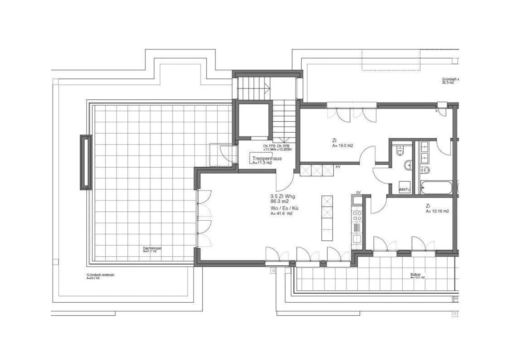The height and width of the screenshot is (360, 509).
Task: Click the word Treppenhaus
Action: (x=267, y=159)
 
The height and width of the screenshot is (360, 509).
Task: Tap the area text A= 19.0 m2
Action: (x=343, y=146)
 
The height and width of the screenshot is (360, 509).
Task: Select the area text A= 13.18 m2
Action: (x=437, y=211)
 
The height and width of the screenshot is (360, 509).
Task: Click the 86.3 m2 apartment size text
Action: (x=279, y=201)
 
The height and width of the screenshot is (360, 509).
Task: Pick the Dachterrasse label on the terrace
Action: (x=152, y=249)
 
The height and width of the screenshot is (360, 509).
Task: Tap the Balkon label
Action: (x=415, y=274)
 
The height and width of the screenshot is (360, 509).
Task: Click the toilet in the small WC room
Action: (x=400, y=152)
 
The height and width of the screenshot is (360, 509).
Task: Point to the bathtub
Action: (x=436, y=187)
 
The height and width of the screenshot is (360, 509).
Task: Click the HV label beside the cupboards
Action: (x=338, y=167)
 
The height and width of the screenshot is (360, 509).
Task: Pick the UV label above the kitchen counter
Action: (x=358, y=192)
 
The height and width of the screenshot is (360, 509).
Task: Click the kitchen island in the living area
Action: (x=327, y=218)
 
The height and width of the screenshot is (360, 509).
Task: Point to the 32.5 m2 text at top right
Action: (x=448, y=83)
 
